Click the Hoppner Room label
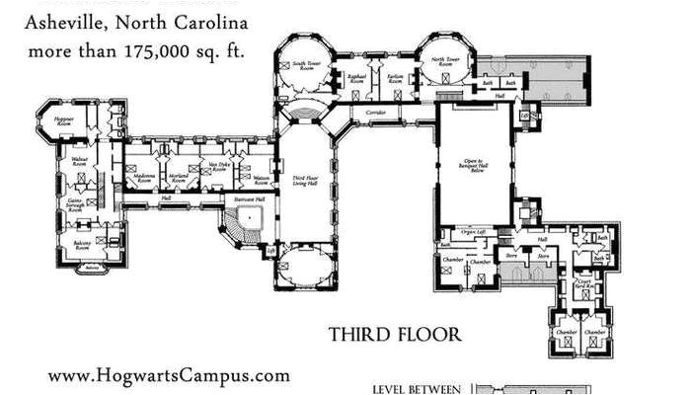click(64, 120)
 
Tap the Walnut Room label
click(80, 160)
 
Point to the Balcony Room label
click(81, 243)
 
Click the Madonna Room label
click(144, 179)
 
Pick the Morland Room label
click(178, 179)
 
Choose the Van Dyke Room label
click(218, 170)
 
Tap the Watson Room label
click(262, 179)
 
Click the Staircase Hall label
click(248, 199)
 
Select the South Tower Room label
click(305, 66)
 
